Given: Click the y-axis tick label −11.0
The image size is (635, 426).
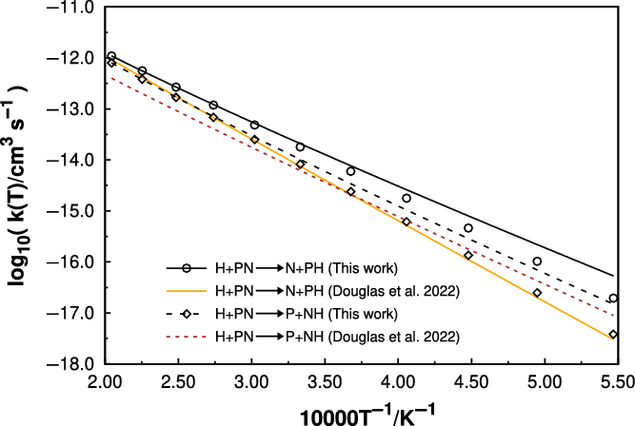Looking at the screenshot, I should pos(75,8).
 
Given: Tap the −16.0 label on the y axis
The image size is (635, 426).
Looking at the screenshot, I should pos(75,262).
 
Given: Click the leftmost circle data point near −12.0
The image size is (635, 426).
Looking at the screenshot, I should pos(111,56).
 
